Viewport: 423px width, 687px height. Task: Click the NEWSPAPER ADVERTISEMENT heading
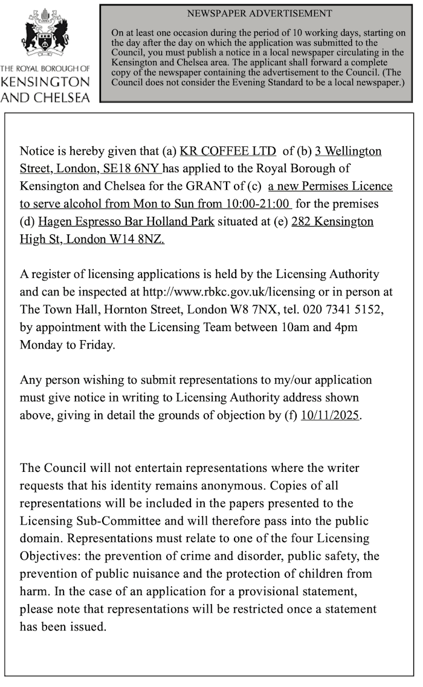pyautogui.click(x=259, y=13)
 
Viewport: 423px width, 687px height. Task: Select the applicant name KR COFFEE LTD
pyautogui.click(x=228, y=151)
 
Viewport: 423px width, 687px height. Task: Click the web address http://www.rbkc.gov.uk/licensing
pyautogui.click(x=228, y=292)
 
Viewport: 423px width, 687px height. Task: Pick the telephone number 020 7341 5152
pyautogui.click(x=335, y=309)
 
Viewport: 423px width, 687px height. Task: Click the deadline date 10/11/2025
pyautogui.click(x=330, y=416)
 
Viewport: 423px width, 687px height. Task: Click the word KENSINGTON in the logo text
pyautogui.click(x=46, y=82)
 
